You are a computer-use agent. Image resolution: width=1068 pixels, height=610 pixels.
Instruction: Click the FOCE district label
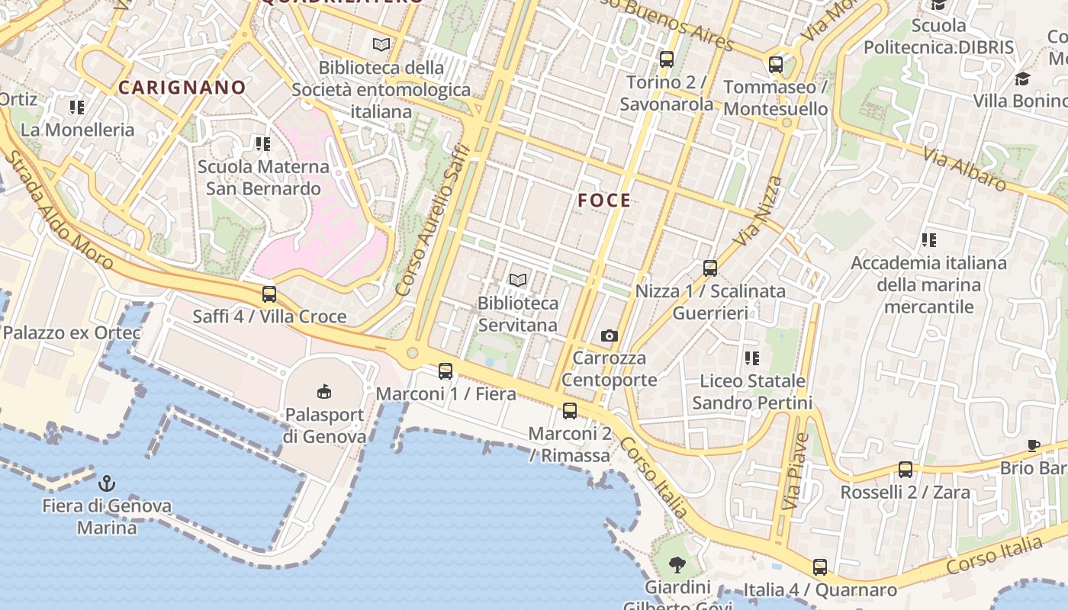(x=604, y=201)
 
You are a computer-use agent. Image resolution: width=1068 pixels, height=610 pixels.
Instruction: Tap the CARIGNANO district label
(x=182, y=88)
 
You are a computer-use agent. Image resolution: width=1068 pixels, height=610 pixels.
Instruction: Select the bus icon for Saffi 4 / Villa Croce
(x=269, y=294)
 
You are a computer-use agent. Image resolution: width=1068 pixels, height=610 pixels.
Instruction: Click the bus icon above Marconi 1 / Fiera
(x=446, y=371)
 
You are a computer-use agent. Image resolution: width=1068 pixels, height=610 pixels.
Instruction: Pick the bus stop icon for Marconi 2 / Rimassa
(x=570, y=411)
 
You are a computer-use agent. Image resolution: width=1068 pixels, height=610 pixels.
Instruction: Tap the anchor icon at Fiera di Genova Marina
(x=107, y=483)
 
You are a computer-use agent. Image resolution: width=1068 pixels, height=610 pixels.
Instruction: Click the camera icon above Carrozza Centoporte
(x=609, y=335)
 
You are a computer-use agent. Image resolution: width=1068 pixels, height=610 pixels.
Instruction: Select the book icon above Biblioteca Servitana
(x=518, y=281)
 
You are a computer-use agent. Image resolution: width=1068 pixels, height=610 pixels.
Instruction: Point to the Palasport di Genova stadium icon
(x=324, y=392)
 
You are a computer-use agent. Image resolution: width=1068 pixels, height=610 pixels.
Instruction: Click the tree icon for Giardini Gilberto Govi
(x=677, y=565)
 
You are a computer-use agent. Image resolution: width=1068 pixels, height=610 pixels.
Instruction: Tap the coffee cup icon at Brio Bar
(x=1034, y=445)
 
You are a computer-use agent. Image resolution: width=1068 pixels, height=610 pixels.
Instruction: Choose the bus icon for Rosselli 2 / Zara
(x=906, y=470)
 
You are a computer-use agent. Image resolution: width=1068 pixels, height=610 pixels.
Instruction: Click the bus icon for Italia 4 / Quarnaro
(x=820, y=567)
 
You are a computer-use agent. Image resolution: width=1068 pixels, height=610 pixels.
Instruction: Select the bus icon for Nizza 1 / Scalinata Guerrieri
(x=710, y=268)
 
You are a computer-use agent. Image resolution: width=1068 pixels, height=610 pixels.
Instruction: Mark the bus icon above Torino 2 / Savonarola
(x=667, y=59)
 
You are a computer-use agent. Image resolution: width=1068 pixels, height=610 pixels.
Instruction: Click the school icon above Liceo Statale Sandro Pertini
(x=752, y=358)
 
